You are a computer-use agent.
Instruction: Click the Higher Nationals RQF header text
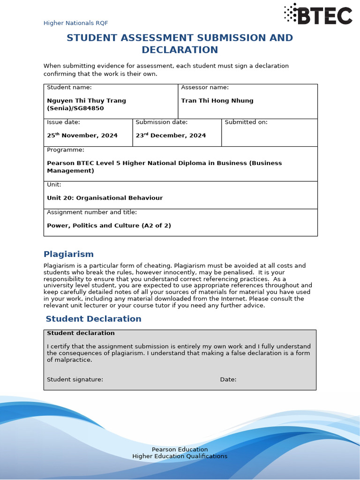75,23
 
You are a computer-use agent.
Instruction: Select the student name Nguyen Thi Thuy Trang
86,101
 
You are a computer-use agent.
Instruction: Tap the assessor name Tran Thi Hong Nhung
217,101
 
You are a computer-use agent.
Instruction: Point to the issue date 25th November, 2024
82,135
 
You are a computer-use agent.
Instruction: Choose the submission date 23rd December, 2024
171,135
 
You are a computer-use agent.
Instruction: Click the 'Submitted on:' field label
246,122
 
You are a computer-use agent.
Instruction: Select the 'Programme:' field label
66,150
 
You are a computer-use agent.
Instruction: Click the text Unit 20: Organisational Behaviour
105,198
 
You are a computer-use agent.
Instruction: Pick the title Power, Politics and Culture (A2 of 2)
109,225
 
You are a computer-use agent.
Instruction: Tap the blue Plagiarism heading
68,254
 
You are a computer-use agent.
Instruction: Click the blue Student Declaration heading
93,319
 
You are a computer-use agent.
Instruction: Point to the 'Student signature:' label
75,380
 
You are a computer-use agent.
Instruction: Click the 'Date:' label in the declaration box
228,380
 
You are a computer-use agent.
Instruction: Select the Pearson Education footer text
180,450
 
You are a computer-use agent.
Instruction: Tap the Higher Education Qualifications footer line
180,456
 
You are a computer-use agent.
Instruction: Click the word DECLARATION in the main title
180,50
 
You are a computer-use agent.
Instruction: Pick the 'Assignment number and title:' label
92,212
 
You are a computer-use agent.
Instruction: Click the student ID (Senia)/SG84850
75,108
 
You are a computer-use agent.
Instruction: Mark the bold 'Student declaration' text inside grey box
81,333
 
